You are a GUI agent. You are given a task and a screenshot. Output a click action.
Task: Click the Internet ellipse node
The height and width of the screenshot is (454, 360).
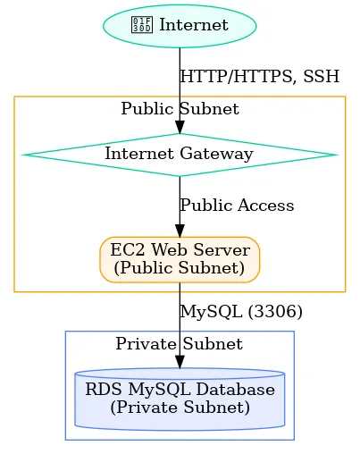click(180, 25)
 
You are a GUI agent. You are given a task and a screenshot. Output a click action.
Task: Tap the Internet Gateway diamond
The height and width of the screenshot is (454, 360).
click(180, 154)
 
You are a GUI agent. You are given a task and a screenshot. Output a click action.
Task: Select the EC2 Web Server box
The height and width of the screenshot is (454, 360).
click(180, 258)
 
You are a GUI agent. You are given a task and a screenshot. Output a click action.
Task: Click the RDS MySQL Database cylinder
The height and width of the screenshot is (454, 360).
click(180, 399)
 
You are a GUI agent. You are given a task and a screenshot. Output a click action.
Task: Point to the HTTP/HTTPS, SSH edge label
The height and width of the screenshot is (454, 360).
click(260, 77)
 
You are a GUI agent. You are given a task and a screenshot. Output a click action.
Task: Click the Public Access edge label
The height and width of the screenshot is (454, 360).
click(237, 206)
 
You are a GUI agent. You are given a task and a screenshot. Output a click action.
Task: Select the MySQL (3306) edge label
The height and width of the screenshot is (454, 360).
click(241, 312)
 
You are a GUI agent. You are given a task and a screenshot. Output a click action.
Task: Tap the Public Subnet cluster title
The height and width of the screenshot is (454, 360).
click(180, 109)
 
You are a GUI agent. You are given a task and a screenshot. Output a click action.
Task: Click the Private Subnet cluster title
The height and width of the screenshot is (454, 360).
click(180, 344)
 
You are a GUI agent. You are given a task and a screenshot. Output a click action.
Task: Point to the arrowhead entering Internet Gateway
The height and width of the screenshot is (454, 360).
click(180, 127)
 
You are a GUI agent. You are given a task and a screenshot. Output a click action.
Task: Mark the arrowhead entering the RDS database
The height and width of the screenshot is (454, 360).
click(180, 361)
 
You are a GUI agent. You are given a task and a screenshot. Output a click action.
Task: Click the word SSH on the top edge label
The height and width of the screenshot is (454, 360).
click(322, 77)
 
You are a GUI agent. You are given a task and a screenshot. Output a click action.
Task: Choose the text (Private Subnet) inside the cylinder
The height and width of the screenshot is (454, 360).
click(180, 408)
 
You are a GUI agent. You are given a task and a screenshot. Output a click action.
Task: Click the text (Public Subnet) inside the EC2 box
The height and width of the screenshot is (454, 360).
click(180, 267)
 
